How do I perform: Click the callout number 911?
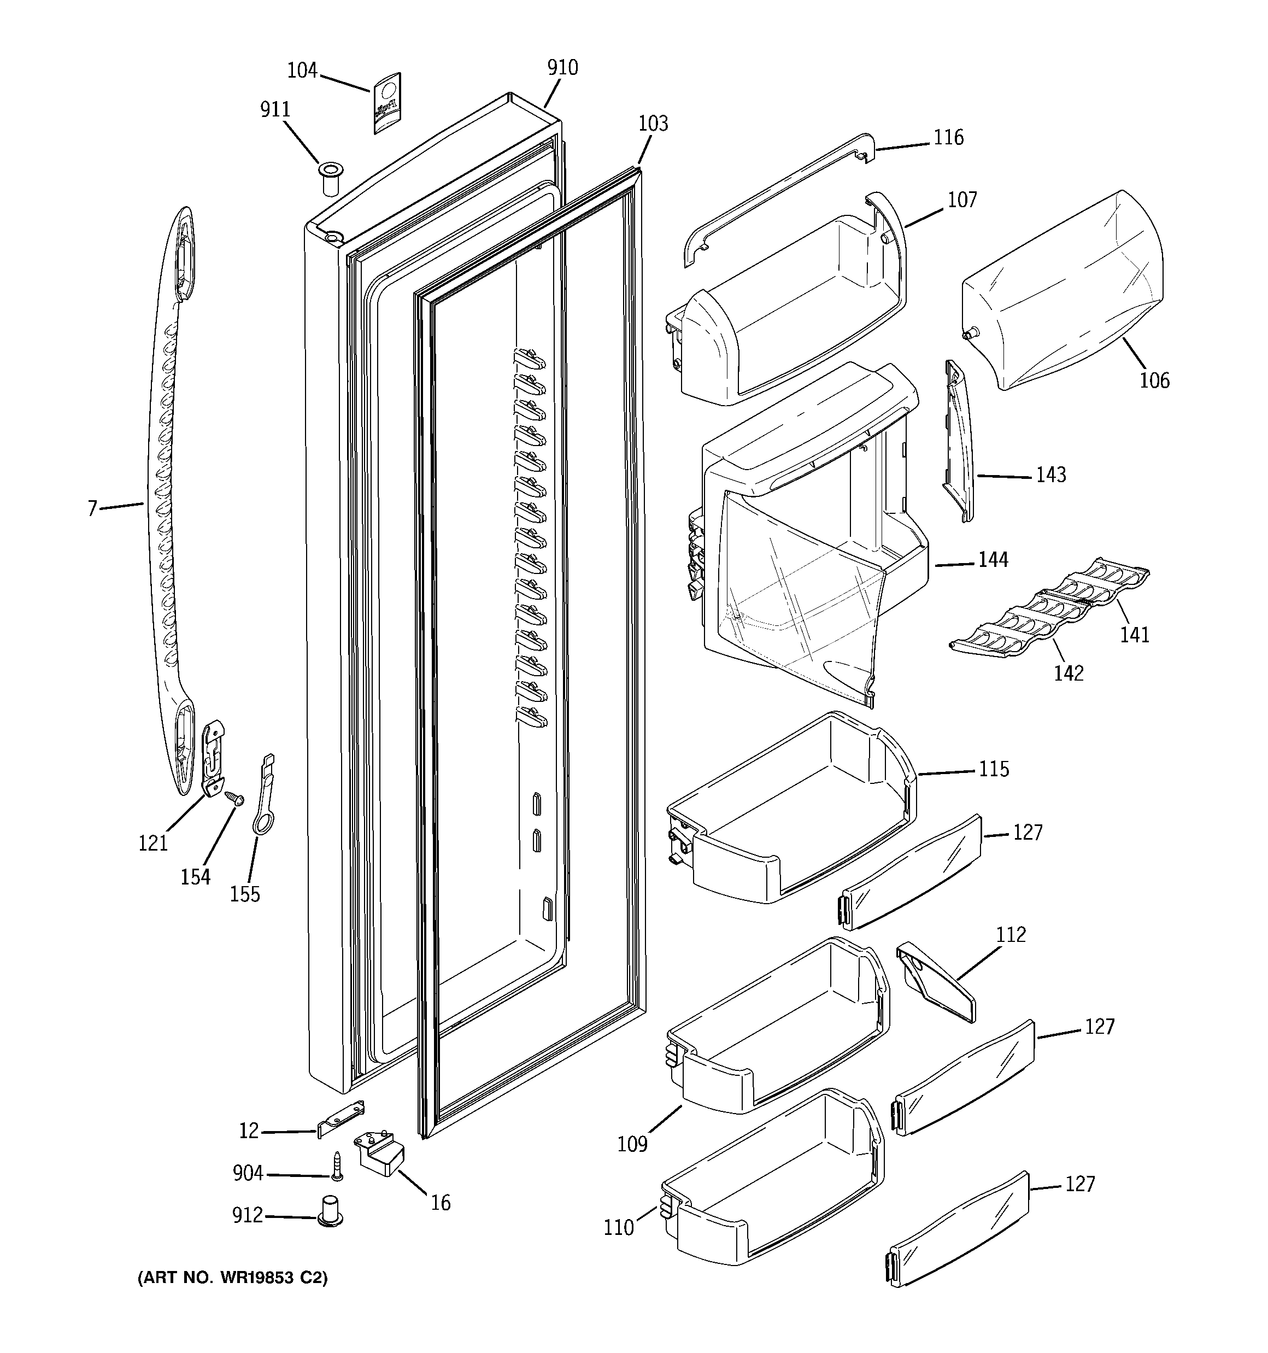pyautogui.click(x=275, y=109)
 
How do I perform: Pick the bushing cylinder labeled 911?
pyautogui.click(x=331, y=179)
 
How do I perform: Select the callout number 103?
pyautogui.click(x=653, y=124)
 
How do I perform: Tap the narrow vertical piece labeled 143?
pyautogui.click(x=958, y=442)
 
